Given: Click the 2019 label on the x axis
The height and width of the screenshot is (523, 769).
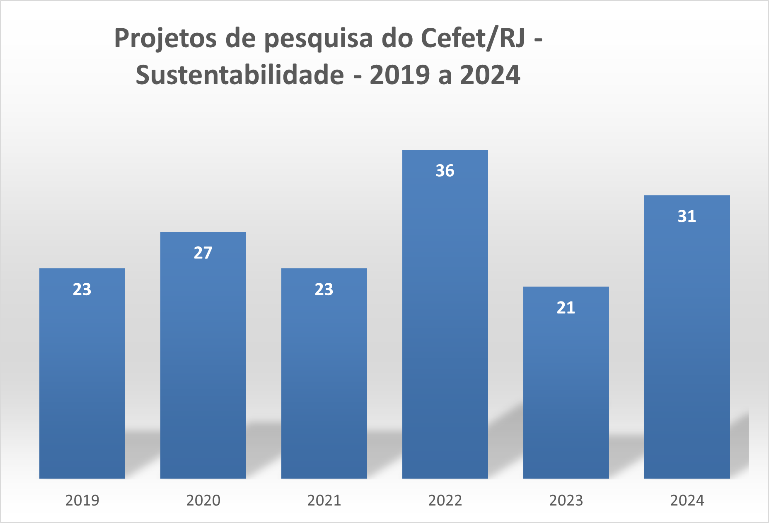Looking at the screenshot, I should pyautogui.click(x=82, y=501).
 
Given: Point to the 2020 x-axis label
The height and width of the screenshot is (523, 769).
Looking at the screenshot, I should pyautogui.click(x=203, y=501).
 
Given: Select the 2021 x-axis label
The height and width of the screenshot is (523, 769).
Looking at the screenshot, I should pyautogui.click(x=324, y=501).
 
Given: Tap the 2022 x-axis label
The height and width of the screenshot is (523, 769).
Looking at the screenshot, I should pyautogui.click(x=445, y=501).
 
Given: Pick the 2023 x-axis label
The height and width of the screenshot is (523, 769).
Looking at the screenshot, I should pyautogui.click(x=566, y=501).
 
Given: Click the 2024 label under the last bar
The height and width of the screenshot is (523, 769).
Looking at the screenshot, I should pyautogui.click(x=687, y=501).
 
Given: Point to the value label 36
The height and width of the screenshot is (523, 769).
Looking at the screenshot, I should pyautogui.click(x=445, y=171).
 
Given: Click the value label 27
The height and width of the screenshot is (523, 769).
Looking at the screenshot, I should pyautogui.click(x=203, y=253).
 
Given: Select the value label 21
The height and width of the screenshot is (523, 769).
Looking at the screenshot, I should pyautogui.click(x=566, y=308).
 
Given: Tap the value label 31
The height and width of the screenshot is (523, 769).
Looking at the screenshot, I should pyautogui.click(x=687, y=216).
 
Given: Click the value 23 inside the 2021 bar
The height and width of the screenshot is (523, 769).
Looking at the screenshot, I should pyautogui.click(x=324, y=289).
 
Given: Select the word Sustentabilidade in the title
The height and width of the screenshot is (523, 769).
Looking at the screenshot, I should pyautogui.click(x=239, y=75).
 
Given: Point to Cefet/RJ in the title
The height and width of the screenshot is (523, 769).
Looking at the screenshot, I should pyautogui.click(x=473, y=39).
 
